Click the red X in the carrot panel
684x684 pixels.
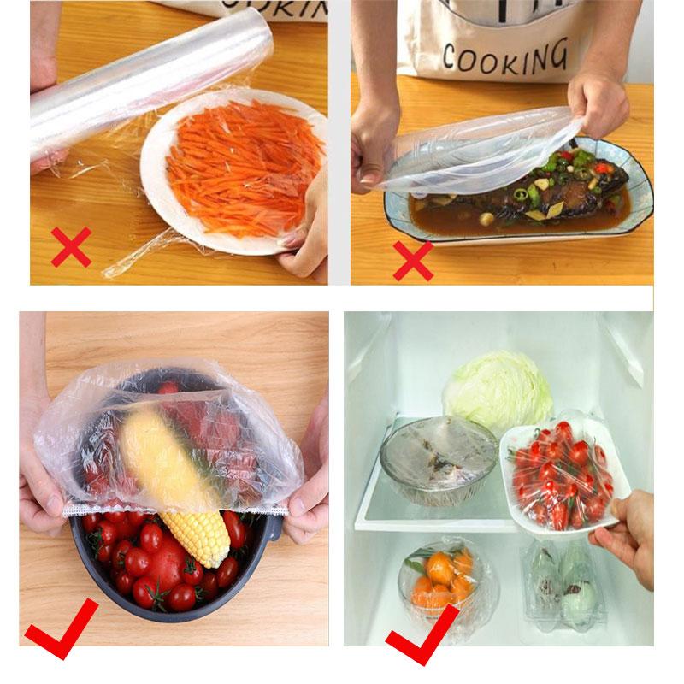71,246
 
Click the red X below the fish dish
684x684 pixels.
413,260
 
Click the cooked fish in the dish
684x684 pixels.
513,192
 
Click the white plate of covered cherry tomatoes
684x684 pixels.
560,475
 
